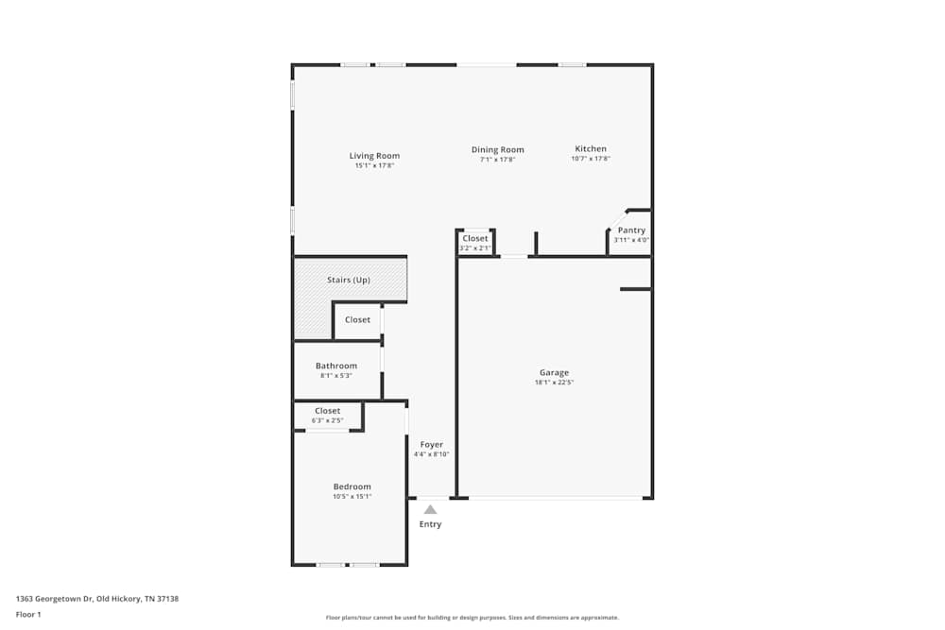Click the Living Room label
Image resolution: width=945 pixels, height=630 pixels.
pos(374,156)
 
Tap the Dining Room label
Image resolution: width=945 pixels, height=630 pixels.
pos(497,149)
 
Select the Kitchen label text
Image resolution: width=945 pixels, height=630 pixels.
pos(591,148)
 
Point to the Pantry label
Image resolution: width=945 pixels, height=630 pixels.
pos(631,230)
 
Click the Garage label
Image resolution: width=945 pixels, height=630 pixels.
pos(554,372)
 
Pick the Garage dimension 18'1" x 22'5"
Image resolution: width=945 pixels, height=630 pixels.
pos(554,383)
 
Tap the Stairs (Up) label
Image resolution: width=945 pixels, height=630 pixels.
pos(349,280)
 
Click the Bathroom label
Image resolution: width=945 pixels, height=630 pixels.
pos(336,366)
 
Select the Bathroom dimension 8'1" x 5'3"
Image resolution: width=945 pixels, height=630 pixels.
pos(336,376)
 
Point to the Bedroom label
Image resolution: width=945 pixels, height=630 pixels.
pos(352,486)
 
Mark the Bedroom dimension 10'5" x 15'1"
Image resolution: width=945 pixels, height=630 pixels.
pos(352,497)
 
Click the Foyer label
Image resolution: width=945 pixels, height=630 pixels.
pos(431,444)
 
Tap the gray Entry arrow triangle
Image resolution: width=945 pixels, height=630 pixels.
pos(430,509)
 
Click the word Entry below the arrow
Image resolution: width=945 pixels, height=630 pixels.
pos(430,524)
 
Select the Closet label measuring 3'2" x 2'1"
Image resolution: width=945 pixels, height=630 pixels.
pos(475,238)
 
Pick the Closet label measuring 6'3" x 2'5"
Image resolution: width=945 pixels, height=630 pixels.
pos(327,411)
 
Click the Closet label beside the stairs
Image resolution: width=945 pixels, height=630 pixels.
pos(357,319)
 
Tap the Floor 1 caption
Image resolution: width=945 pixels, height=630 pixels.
pos(28,615)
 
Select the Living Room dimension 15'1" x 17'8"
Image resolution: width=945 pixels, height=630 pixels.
pos(374,165)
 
